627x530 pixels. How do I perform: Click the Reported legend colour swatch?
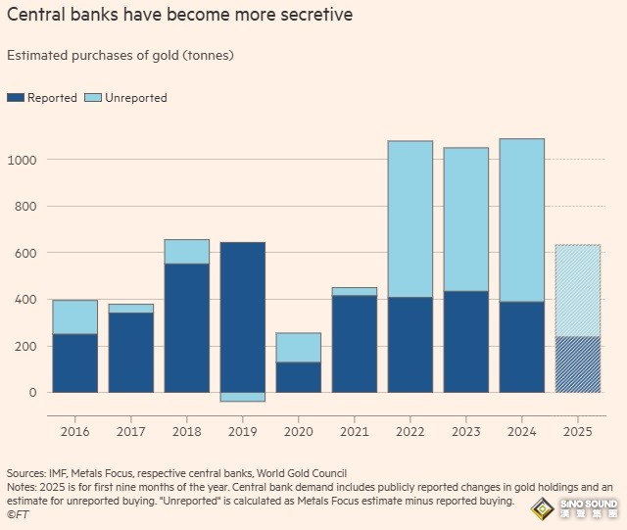[16, 98]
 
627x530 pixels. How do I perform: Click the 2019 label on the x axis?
[242, 429]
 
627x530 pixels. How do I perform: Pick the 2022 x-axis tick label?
[410, 429]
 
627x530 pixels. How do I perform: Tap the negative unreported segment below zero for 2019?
[242, 397]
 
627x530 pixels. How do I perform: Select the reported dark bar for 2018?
[186, 327]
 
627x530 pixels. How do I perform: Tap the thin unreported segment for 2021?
[354, 292]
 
